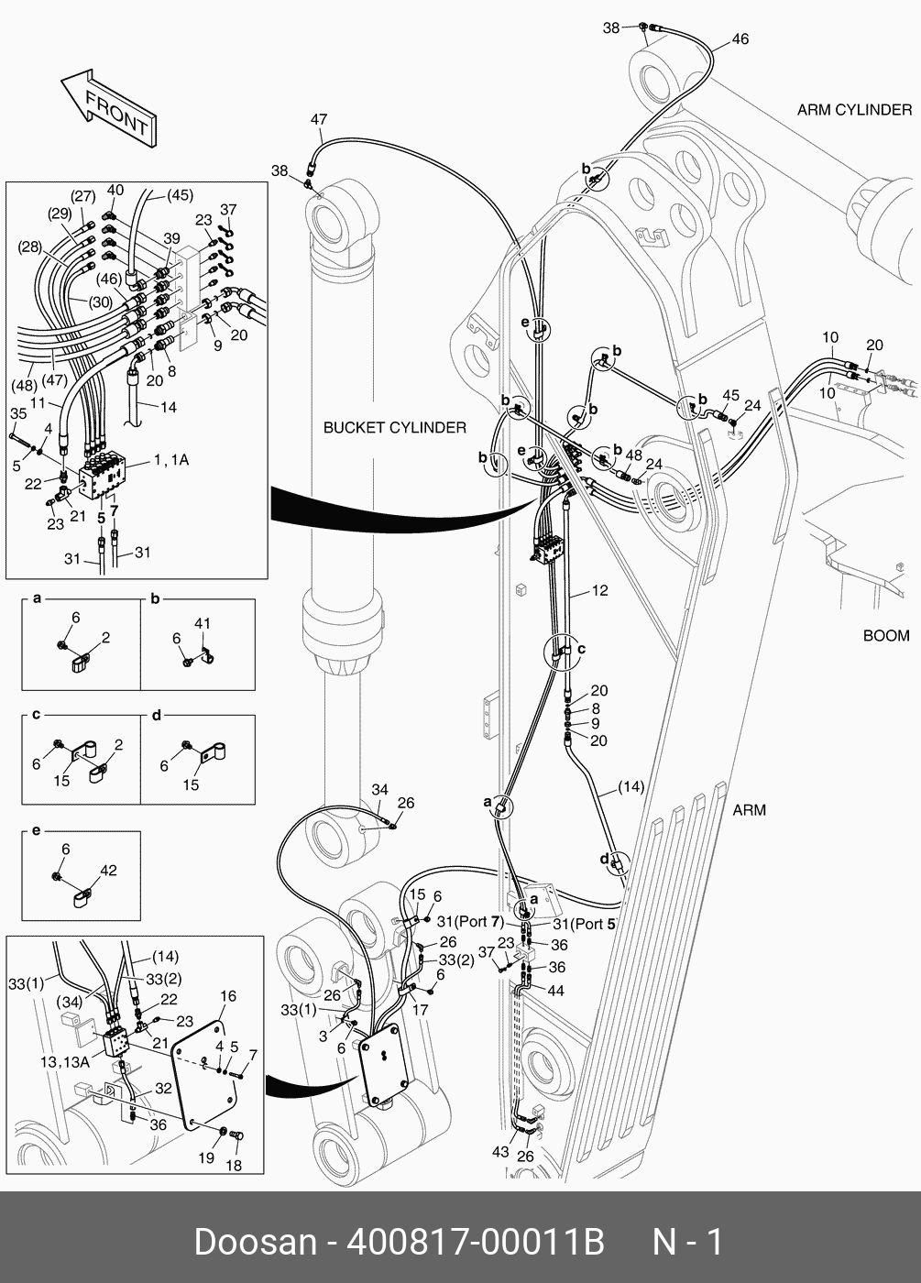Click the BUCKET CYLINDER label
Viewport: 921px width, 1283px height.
click(394, 428)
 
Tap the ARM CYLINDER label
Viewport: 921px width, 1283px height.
click(854, 110)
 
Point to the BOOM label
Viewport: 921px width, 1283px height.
click(886, 636)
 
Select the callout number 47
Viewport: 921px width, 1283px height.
click(318, 120)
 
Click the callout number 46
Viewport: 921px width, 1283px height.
click(740, 39)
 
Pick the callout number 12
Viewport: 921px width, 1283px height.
click(599, 591)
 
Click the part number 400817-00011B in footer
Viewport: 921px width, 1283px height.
click(474, 1243)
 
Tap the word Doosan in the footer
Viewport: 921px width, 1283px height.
click(255, 1243)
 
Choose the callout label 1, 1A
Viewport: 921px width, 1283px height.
click(171, 460)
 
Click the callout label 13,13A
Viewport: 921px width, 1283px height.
click(64, 1061)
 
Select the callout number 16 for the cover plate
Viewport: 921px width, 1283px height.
click(228, 996)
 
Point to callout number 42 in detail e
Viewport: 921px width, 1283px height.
click(108, 871)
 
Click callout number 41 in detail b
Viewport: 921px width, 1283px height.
click(203, 623)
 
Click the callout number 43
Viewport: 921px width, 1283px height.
click(499, 1152)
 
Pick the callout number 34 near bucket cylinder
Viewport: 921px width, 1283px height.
click(379, 790)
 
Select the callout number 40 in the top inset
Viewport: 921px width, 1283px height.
click(115, 191)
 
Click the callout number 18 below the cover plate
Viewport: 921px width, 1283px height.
click(234, 1166)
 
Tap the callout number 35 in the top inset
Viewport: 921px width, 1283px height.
click(18, 414)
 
